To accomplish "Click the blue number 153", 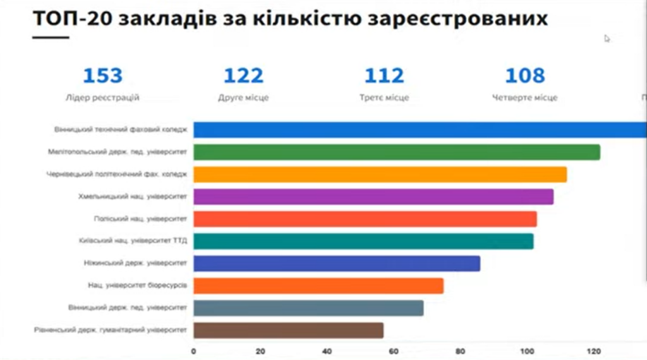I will [x=103, y=76].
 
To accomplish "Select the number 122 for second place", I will [x=243, y=76].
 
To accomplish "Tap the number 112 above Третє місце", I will [x=384, y=76].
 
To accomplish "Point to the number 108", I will [x=525, y=76].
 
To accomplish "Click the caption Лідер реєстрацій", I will [x=102, y=98].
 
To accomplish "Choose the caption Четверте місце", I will [x=525, y=98].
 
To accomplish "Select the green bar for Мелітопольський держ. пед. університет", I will [x=396, y=152].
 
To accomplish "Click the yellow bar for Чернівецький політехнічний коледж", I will [x=380, y=174].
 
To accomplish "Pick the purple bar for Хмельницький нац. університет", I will [x=373, y=196].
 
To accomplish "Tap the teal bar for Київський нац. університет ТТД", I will [x=363, y=241].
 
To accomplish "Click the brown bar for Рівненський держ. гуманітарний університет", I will [x=288, y=330].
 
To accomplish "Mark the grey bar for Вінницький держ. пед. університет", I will [x=308, y=308].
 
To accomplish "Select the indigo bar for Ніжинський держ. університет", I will [x=336, y=263].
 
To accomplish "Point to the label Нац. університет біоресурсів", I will [x=137, y=285].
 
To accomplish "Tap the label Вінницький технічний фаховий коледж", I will [x=121, y=129].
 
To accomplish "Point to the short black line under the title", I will [x=50, y=37].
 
